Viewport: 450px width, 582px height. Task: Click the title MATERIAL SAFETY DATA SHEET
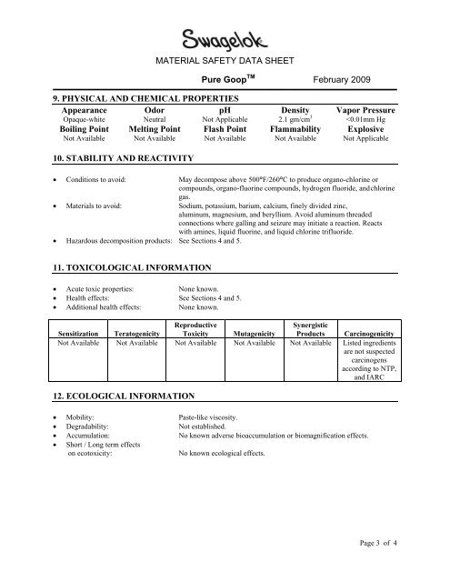coord(225,62)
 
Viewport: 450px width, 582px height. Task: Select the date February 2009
coord(342,81)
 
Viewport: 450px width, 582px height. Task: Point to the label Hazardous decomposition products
coord(113,243)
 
